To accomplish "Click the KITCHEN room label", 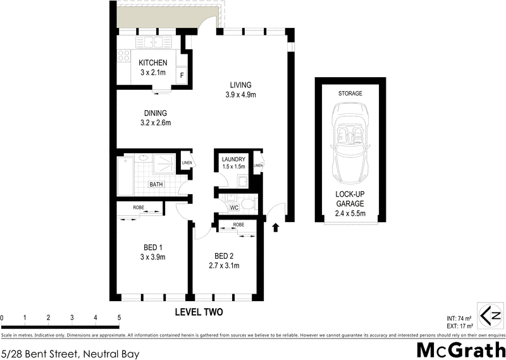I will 153,63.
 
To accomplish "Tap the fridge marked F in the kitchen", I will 182,76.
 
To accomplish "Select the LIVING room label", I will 240,85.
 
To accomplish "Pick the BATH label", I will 156,184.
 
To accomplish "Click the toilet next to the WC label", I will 248,204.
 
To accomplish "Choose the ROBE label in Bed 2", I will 238,225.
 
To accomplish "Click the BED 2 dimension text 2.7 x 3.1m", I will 224,265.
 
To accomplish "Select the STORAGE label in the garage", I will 350,93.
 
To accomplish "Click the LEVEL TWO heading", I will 199,313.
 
